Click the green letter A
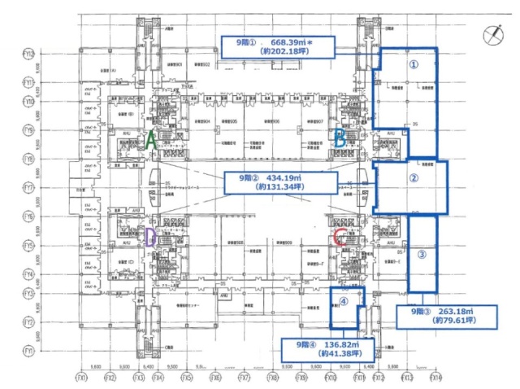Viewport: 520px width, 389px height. [x=150, y=139]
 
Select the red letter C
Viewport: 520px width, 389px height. [x=340, y=238]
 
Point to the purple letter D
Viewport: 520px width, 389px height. [x=150, y=237]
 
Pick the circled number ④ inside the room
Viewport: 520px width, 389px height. [x=344, y=300]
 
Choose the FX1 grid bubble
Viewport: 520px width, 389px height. [x=81, y=378]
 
